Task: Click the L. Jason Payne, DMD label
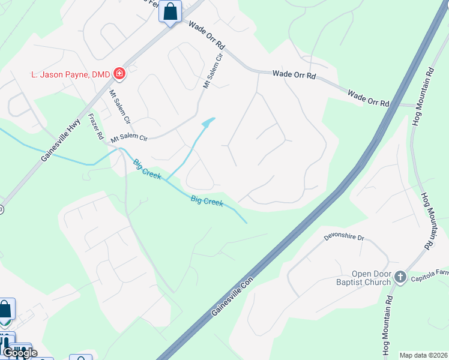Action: point(71,74)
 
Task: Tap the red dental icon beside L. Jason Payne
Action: point(120,74)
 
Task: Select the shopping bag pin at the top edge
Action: point(170,11)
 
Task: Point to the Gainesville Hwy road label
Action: point(62,138)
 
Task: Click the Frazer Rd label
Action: point(95,127)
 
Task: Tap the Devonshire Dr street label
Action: point(345,238)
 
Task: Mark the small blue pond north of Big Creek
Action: point(208,123)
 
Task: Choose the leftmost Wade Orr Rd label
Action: point(206,36)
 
